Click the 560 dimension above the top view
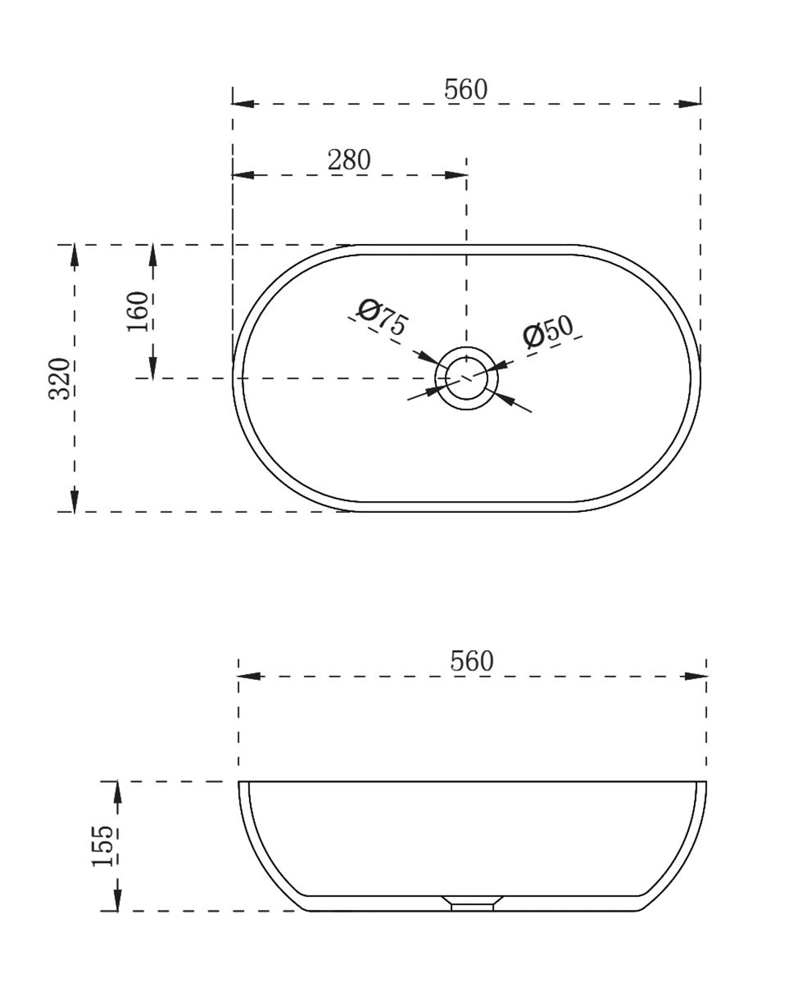465,89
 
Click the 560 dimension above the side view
471,661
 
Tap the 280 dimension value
349,160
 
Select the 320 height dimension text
60,378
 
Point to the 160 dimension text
137,312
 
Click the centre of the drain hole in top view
466,378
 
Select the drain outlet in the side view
472,905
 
